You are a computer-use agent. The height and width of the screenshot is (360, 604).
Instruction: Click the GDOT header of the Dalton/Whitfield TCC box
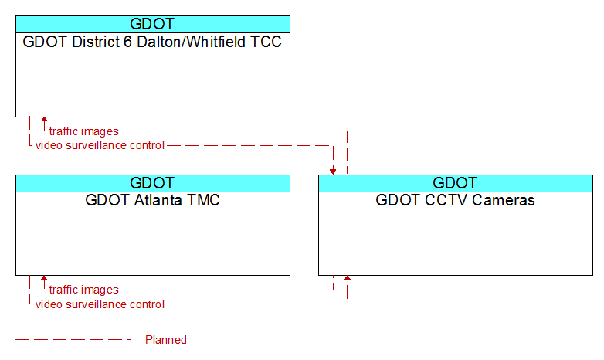152,24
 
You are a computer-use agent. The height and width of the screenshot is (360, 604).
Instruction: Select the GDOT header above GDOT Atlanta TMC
152,183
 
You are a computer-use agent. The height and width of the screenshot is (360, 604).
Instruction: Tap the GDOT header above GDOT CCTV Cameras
455,183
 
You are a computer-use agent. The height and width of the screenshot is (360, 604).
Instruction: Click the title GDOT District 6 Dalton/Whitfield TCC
152,42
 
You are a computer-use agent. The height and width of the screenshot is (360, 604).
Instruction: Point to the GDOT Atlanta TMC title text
152,200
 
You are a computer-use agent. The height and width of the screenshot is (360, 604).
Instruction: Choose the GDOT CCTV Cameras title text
455,200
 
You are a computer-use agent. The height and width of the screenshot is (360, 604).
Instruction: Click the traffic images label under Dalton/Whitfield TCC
83,131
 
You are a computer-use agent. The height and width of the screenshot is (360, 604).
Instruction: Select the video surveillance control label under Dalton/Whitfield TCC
100,145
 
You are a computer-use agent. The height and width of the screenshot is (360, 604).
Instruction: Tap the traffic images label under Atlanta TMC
83,290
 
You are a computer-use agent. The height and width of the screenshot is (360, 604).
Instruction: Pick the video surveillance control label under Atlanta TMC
100,304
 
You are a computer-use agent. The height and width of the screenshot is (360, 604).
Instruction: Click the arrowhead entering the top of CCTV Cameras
333,172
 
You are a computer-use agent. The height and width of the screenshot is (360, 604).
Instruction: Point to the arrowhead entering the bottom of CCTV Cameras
347,278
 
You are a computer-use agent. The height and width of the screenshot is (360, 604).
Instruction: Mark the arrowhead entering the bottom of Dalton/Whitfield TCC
44,120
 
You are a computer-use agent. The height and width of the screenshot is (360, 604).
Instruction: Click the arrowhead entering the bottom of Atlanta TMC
44,278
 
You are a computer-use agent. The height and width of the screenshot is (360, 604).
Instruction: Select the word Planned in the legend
165,340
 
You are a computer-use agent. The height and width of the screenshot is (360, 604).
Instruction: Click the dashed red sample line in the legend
73,340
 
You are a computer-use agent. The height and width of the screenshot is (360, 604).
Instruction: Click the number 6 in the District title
128,42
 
